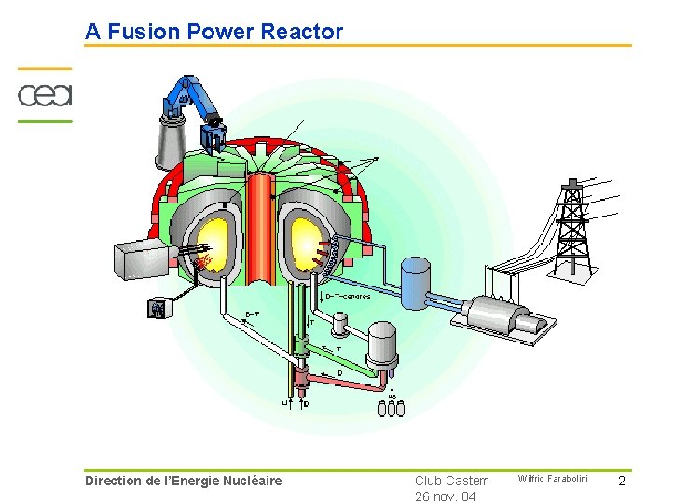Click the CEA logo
click(45, 94)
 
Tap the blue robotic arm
click(198, 104)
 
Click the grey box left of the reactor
click(140, 255)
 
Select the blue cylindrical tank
click(414, 277)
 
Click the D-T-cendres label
click(348, 297)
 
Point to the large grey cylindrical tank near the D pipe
click(383, 344)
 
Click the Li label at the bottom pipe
click(286, 403)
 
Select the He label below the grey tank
click(392, 396)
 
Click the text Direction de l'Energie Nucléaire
click(183, 481)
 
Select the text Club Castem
click(452, 481)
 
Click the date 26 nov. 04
click(446, 496)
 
